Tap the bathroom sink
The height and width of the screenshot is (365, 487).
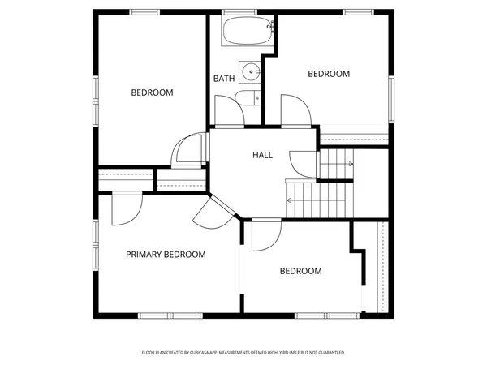(x=250, y=71)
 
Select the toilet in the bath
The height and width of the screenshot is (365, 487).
(x=248, y=98)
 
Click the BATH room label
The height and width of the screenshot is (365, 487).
(x=224, y=79)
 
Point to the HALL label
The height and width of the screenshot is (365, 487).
(x=262, y=155)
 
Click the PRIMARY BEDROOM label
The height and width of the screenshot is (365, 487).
(x=166, y=255)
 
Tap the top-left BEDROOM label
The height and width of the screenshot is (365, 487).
(x=152, y=92)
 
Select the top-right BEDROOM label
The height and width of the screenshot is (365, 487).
(x=329, y=74)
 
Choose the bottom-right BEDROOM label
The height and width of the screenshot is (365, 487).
(x=300, y=271)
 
